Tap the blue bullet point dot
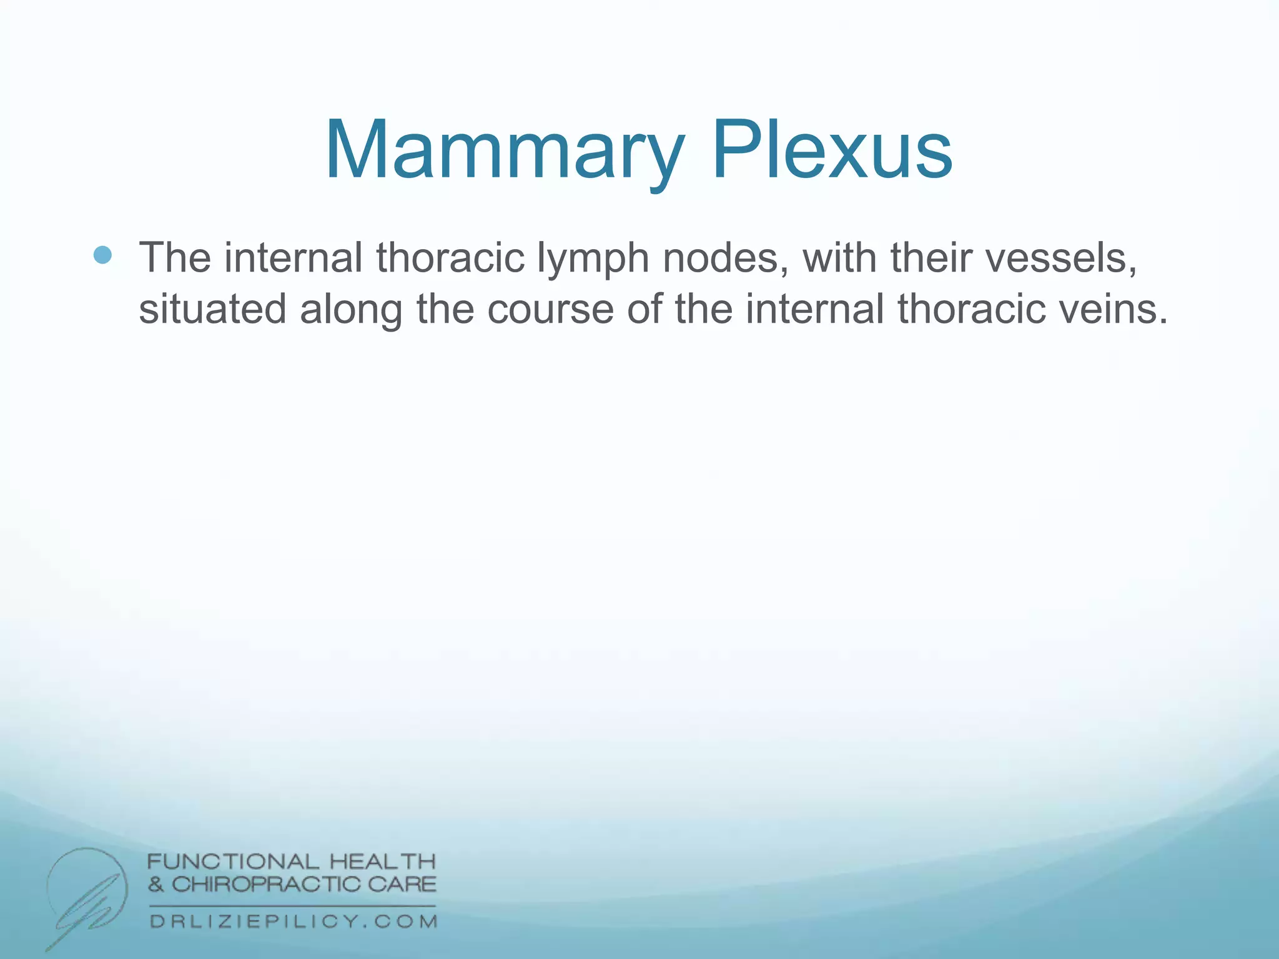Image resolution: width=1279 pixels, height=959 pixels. coord(102,255)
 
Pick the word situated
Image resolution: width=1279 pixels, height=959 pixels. coord(212,309)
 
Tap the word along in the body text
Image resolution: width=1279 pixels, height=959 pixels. coord(351,310)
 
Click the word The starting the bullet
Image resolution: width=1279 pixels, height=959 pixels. coord(175,257)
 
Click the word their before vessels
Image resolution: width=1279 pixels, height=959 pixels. coord(931,257)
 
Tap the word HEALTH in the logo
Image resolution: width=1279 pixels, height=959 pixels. coord(382,862)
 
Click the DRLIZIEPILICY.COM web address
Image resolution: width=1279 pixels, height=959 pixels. coord(293,922)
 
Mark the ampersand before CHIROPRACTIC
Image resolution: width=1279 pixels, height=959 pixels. coord(156,885)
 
